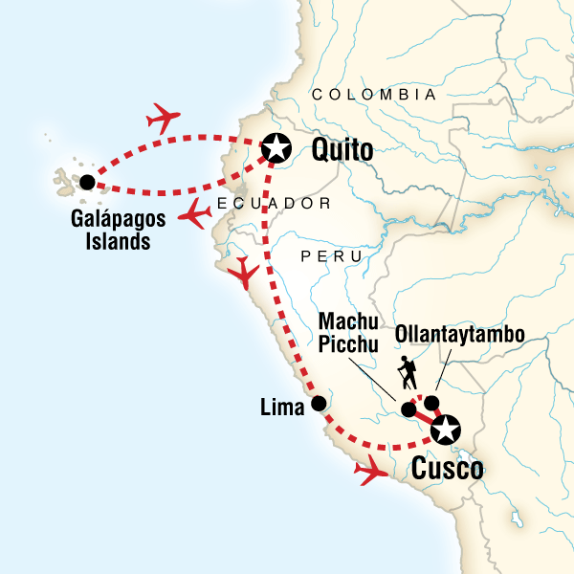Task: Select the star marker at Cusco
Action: (445, 430)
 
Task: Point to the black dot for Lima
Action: (319, 403)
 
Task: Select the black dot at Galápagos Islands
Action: (87, 182)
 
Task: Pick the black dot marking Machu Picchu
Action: (408, 410)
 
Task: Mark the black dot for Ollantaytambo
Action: (432, 403)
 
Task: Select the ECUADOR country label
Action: (273, 204)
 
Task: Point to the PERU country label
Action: (331, 256)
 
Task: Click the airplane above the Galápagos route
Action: (165, 120)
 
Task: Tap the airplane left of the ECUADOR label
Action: (197, 214)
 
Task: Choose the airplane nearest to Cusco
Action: (370, 471)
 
